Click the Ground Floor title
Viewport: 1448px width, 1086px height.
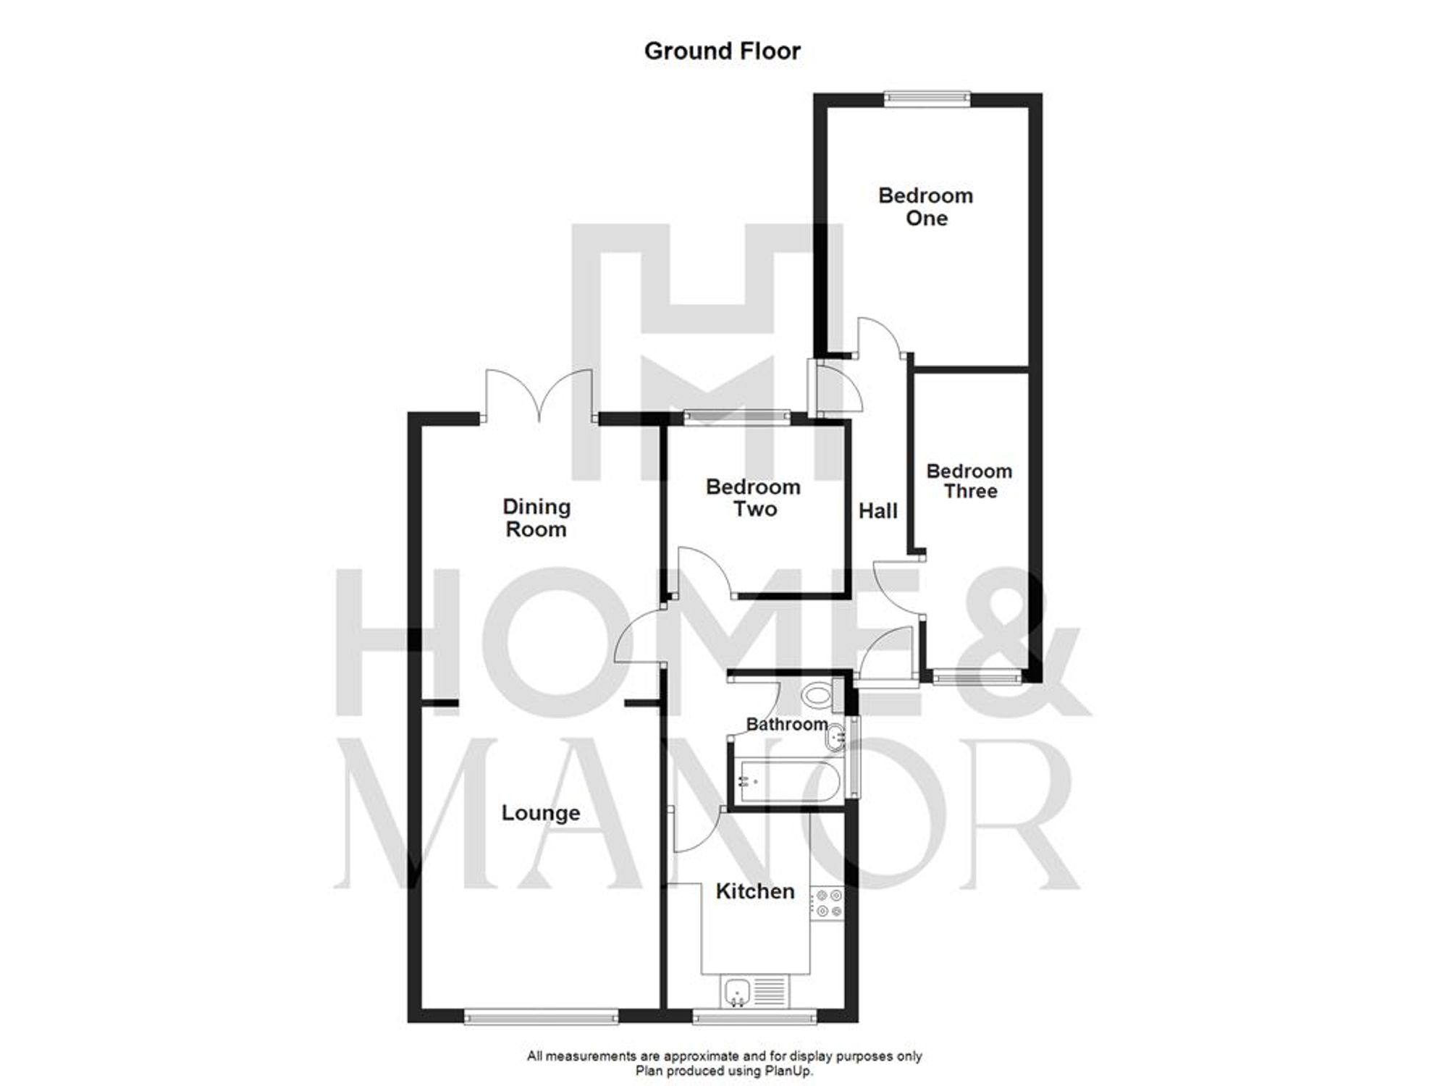tap(722, 51)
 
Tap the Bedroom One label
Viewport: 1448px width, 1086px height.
tap(925, 207)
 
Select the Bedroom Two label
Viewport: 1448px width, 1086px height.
tap(754, 497)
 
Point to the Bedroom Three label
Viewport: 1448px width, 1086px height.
tap(969, 481)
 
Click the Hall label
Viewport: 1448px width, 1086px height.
tap(877, 511)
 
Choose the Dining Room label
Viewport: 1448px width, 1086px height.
tap(536, 518)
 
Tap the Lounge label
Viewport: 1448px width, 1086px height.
tap(541, 813)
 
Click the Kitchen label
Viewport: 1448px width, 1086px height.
tap(755, 891)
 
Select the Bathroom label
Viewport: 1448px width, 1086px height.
tap(787, 724)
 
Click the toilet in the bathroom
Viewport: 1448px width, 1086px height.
tap(819, 696)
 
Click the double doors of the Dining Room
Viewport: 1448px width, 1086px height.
tap(539, 395)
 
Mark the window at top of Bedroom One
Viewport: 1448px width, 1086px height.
tap(927, 99)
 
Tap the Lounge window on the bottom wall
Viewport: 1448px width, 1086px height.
tap(541, 1017)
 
